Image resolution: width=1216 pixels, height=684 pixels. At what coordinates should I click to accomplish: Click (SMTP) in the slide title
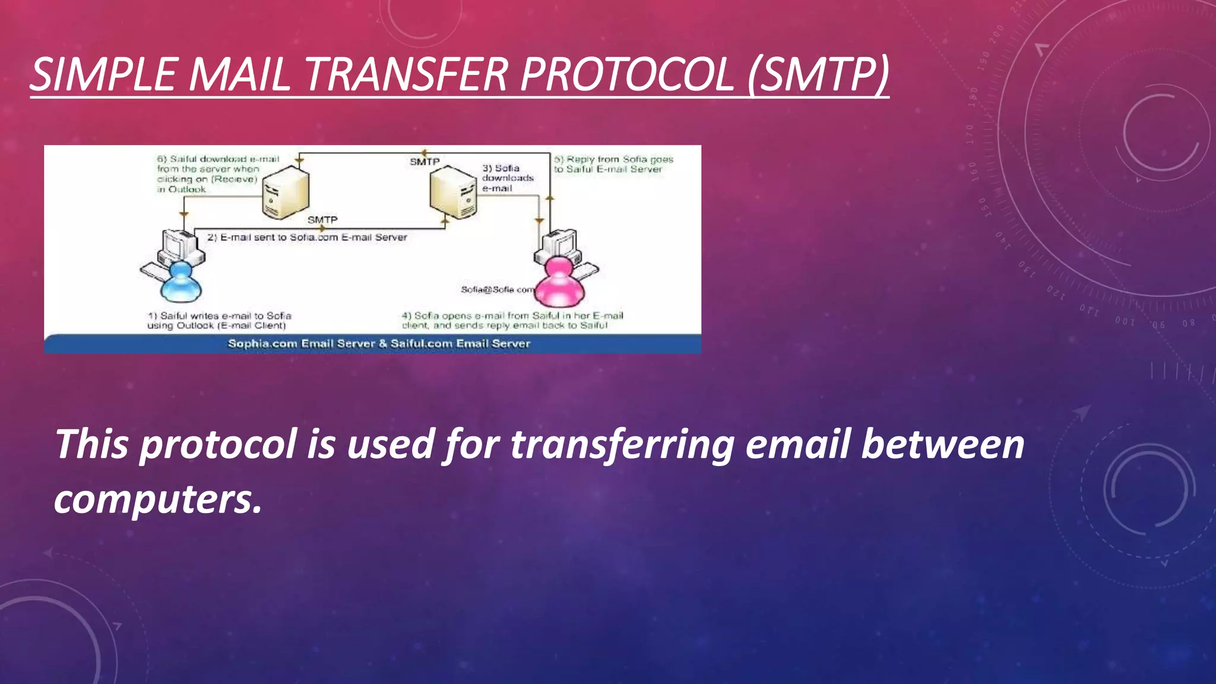(x=818, y=75)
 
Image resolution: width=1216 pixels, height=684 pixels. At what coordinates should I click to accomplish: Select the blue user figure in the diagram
(x=181, y=283)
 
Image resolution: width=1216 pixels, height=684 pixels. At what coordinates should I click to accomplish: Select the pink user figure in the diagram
(x=559, y=283)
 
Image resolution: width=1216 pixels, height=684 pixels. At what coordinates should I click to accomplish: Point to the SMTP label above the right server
(x=425, y=161)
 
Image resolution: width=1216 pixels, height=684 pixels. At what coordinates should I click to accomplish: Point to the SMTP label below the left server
(x=322, y=220)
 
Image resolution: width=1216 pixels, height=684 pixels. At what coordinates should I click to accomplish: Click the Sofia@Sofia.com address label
(x=498, y=290)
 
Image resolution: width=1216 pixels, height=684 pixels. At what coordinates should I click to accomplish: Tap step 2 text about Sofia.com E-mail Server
(x=307, y=237)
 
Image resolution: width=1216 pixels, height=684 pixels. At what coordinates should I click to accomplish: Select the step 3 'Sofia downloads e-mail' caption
(x=507, y=178)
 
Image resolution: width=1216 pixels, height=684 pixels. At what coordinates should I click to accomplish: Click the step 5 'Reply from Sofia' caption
(x=613, y=164)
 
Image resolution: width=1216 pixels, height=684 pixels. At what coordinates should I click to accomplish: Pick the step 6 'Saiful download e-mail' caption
(x=217, y=174)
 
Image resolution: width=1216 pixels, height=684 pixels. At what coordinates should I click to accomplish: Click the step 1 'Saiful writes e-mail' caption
(x=219, y=321)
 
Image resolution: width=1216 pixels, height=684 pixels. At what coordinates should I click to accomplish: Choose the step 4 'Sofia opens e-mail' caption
(x=512, y=321)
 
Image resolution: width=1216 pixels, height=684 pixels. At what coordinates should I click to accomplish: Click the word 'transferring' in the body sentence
(x=622, y=445)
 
